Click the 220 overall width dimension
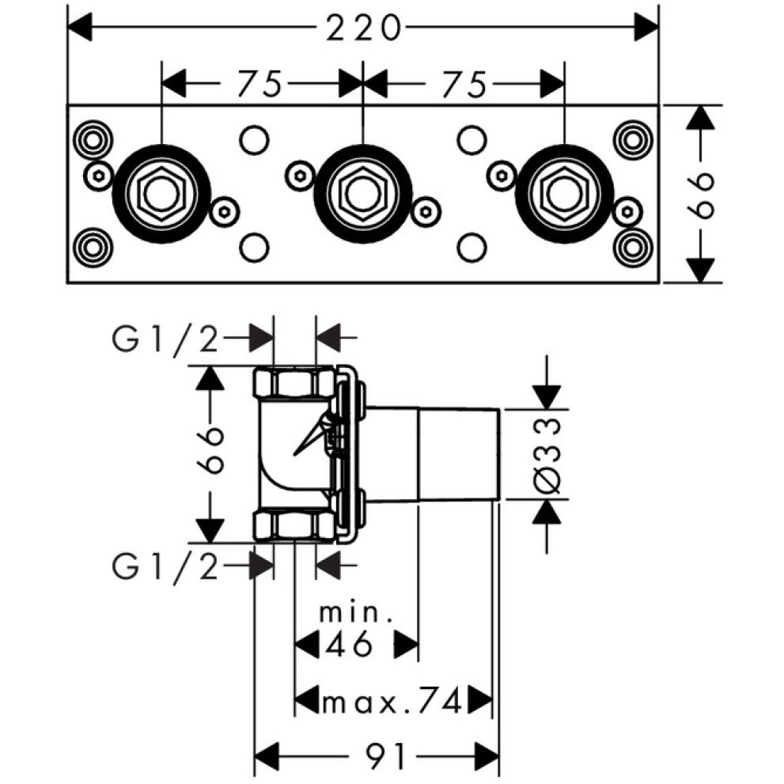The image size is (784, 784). (x=363, y=28)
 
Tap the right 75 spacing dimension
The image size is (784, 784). (x=464, y=84)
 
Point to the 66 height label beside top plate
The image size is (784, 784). (x=700, y=195)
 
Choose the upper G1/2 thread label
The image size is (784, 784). (x=165, y=341)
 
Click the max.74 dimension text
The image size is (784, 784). (x=392, y=703)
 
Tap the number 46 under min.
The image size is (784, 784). (x=349, y=643)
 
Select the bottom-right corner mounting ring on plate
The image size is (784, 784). (x=633, y=248)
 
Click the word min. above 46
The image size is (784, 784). (x=355, y=612)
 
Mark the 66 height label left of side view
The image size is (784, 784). (x=210, y=450)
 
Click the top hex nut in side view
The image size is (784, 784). (x=294, y=382)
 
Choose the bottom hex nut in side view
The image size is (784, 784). (x=294, y=526)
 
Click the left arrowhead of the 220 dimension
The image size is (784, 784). (x=79, y=28)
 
